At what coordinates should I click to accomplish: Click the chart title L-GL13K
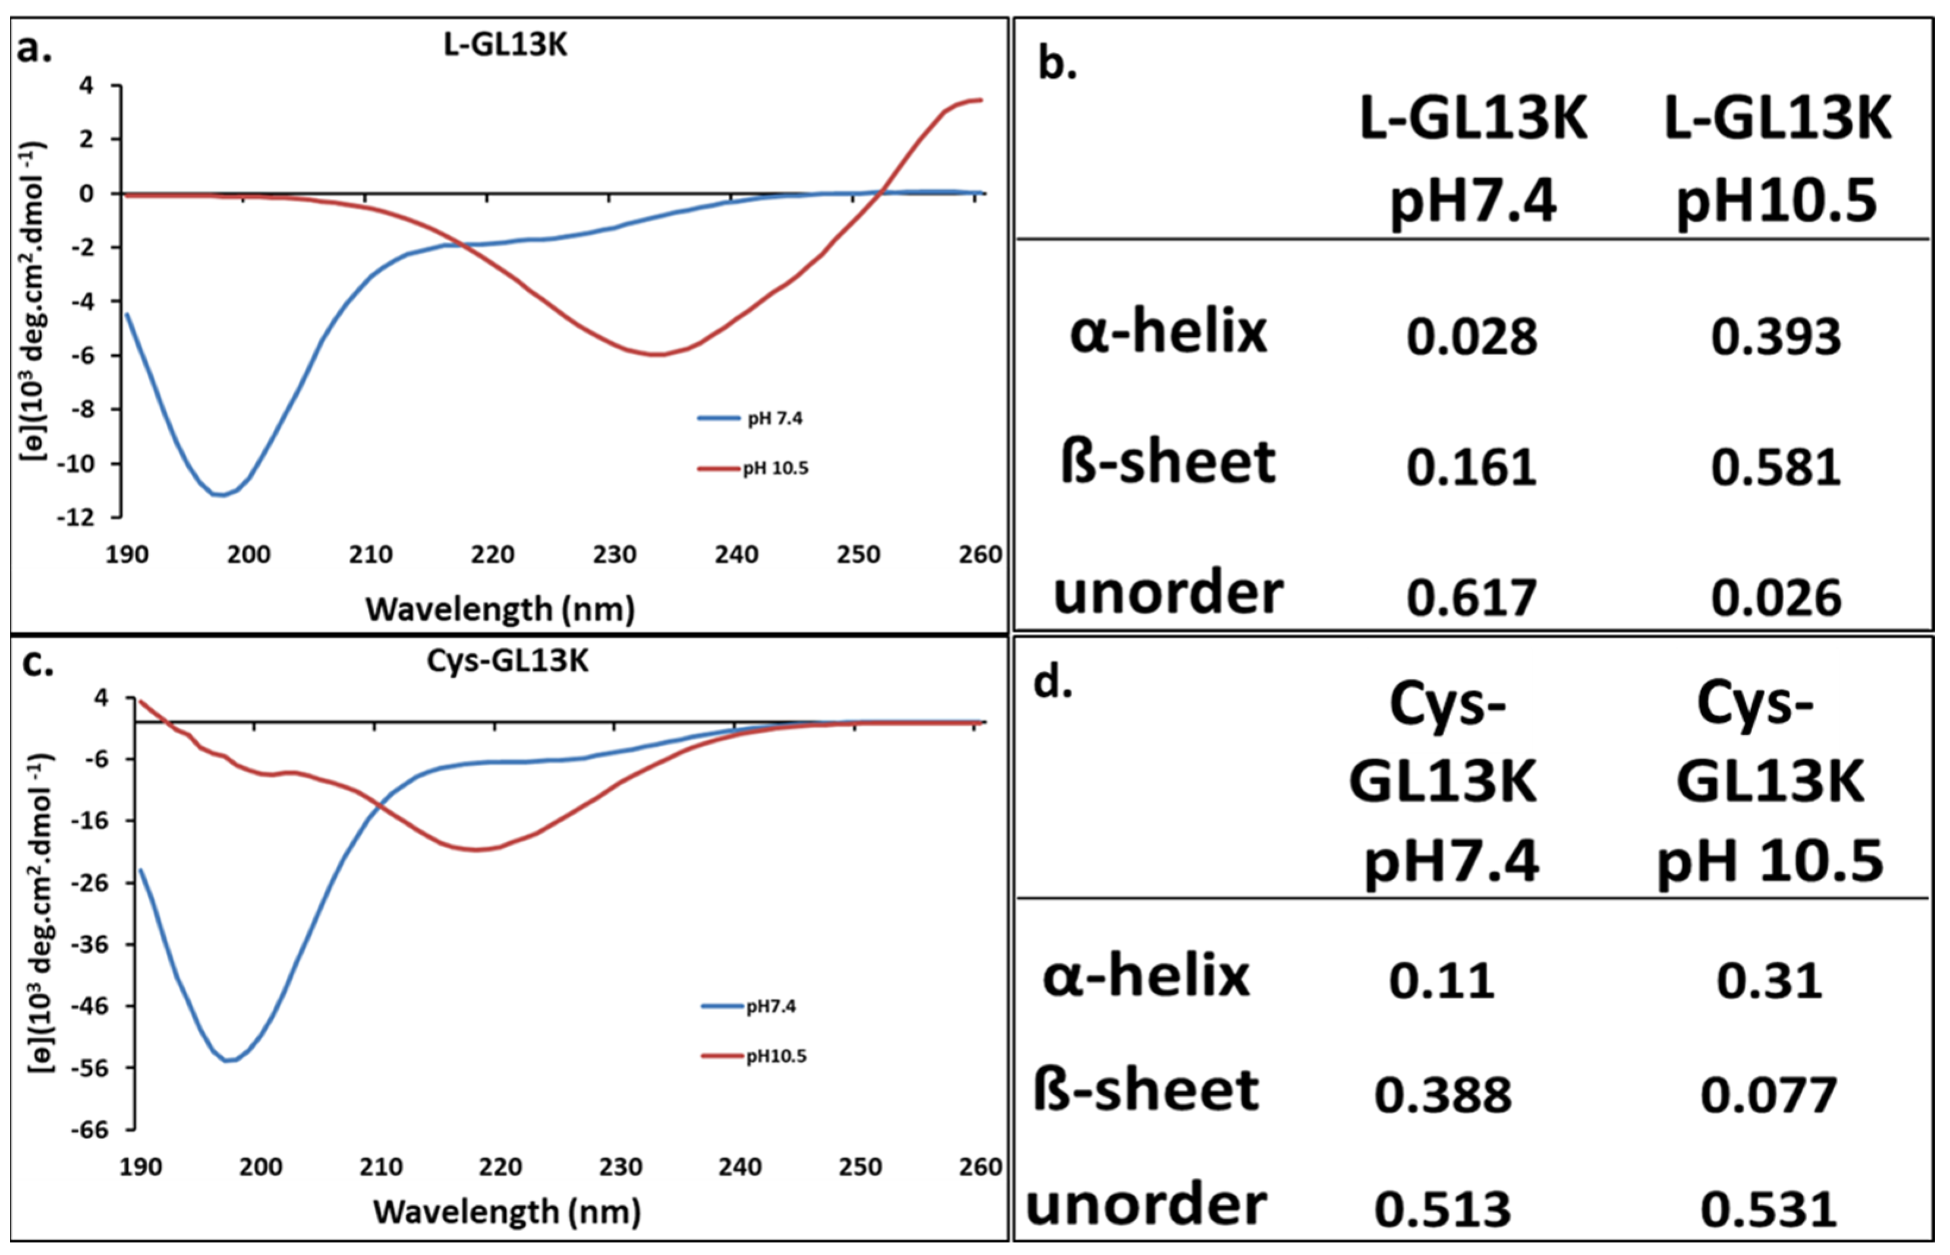point(505,44)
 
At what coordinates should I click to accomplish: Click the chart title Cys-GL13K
point(507,660)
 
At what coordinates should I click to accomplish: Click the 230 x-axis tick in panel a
point(614,554)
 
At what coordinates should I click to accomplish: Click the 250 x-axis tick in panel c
point(860,1167)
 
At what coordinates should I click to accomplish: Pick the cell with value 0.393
point(1775,337)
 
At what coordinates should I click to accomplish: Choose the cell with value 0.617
point(1472,598)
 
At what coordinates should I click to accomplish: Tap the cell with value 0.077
point(1769,1095)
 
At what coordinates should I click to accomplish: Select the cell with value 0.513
point(1443,1209)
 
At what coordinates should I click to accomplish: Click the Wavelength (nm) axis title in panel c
point(507,1212)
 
